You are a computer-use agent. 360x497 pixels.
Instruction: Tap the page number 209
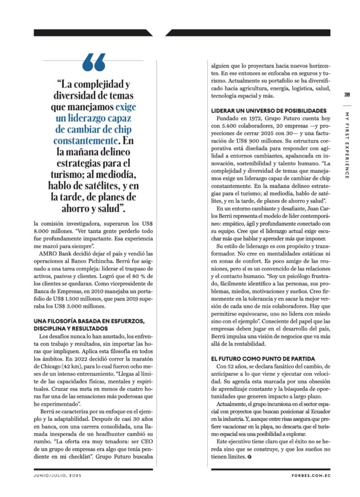347,95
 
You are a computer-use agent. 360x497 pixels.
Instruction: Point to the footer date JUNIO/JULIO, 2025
58,476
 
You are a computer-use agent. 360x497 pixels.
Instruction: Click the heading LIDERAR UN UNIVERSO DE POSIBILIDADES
268,111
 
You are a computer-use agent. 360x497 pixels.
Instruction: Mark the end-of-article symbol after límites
249,457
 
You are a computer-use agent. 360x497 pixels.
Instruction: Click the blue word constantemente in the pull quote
85,141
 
